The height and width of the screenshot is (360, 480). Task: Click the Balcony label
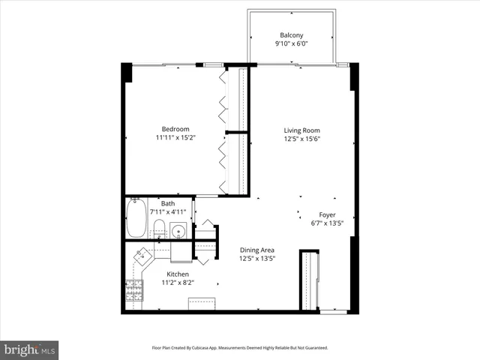(x=292, y=35)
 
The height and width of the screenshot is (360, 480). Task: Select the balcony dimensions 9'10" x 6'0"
(x=292, y=43)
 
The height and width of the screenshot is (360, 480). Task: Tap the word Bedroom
(x=175, y=129)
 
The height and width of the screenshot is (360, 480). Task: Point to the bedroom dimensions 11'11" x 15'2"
(x=175, y=138)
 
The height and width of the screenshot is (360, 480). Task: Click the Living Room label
(x=301, y=130)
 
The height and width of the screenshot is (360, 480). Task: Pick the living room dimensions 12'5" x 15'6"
(x=301, y=139)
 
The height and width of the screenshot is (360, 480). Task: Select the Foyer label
(x=327, y=214)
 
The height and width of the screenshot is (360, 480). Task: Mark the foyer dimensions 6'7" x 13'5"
(x=327, y=223)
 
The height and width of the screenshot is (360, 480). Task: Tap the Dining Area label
(x=256, y=250)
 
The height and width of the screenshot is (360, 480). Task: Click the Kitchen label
(x=178, y=274)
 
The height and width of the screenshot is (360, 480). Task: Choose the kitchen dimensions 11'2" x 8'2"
(x=178, y=283)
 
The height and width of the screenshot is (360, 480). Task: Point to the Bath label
(x=167, y=203)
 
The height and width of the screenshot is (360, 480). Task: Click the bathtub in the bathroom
(x=136, y=218)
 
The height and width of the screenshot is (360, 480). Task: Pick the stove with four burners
(x=134, y=290)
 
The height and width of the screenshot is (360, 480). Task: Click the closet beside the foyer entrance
(x=309, y=280)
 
